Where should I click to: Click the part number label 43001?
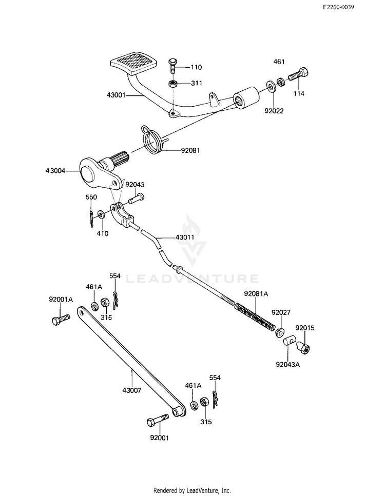[x=115, y=95]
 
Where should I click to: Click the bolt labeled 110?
[x=172, y=67]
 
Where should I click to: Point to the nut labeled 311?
[x=172, y=84]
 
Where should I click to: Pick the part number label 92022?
[x=274, y=111]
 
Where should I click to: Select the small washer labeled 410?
[x=101, y=214]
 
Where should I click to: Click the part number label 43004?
[x=55, y=171]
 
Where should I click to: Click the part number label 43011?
[x=185, y=237]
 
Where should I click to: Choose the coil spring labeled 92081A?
[x=255, y=316]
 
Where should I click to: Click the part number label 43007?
[x=132, y=391]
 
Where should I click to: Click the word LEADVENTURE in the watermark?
[x=192, y=279]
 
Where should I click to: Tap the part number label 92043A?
[x=288, y=364]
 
